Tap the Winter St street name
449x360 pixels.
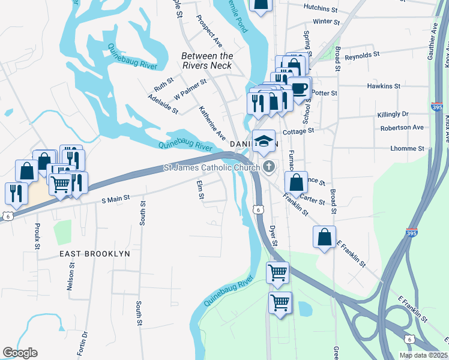click(327, 21)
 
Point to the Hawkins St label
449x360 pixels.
click(384, 86)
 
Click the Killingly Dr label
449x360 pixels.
click(393, 114)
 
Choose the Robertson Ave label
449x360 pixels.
click(402, 128)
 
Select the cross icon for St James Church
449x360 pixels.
click(270, 167)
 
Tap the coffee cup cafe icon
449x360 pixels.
click(300, 88)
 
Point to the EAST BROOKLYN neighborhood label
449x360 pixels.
click(95, 254)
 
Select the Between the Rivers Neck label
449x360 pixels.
click(207, 61)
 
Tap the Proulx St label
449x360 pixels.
click(37, 236)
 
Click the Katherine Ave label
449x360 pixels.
click(212, 122)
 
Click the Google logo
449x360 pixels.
click(20, 353)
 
